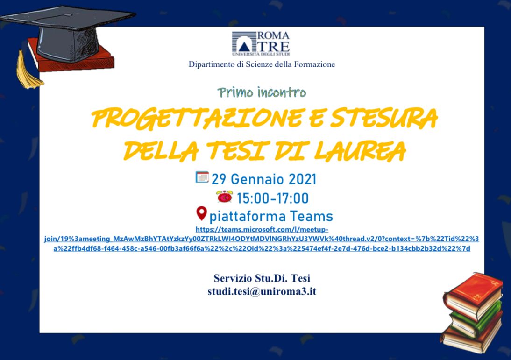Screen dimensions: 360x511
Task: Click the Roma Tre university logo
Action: [261, 43]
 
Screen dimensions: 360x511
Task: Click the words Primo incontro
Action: [262, 92]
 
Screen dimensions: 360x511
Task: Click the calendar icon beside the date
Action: [202, 177]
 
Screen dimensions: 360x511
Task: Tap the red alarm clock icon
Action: [225, 197]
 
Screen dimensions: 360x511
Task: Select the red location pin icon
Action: [201, 214]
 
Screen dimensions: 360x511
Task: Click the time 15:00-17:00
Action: [273, 198]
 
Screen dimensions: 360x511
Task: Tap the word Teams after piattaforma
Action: [311, 216]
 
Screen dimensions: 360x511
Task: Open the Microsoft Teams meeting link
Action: [262, 239]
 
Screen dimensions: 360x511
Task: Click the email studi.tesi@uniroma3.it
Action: [262, 292]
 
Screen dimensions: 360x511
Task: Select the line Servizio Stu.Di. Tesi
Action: [262, 279]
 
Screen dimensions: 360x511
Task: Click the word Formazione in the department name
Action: [314, 64]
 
